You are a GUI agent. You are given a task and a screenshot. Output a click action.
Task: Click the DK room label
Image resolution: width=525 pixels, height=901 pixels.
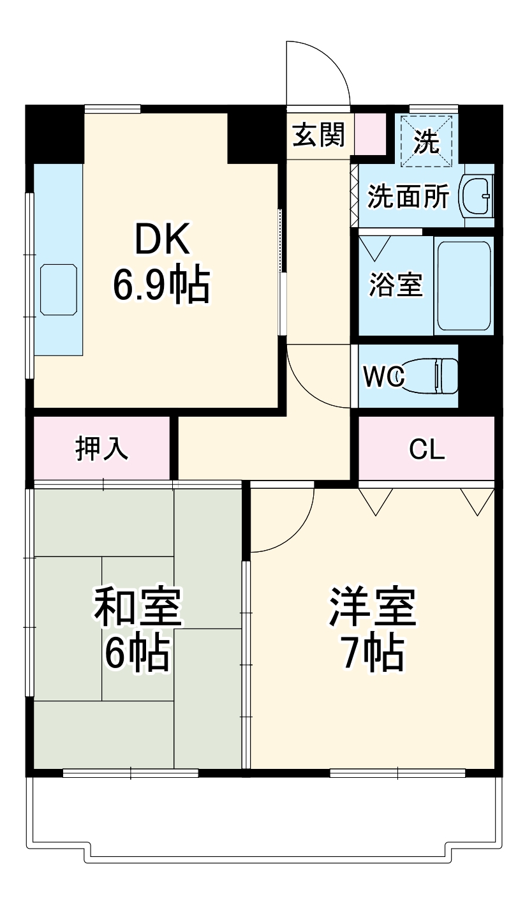click(161, 241)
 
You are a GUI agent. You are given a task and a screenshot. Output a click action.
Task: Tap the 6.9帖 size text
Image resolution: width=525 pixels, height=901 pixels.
click(161, 285)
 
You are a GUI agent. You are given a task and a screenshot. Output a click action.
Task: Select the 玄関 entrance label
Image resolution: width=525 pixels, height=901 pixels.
click(318, 135)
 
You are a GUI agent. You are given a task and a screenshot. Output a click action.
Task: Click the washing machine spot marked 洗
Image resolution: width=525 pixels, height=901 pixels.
click(426, 141)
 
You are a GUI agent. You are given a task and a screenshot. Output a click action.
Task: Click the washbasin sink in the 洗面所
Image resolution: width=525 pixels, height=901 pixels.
click(477, 195)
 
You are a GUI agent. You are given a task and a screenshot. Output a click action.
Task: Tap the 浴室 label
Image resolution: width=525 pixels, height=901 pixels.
click(396, 285)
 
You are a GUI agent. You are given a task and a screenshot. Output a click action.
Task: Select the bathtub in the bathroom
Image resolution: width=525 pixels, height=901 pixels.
click(464, 285)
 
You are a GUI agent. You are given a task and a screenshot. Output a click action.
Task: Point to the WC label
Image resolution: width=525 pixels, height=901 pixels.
click(383, 376)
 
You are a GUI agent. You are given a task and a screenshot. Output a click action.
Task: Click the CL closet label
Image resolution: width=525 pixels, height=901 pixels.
click(426, 450)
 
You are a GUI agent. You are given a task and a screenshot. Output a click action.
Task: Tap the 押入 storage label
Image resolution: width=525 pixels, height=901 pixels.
click(102, 449)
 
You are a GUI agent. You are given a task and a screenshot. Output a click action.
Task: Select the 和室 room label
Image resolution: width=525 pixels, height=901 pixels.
click(138, 607)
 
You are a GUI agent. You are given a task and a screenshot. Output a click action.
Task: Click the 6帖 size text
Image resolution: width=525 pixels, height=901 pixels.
click(137, 653)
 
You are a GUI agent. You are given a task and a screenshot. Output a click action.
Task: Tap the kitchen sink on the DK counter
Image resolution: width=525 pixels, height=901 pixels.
click(59, 290)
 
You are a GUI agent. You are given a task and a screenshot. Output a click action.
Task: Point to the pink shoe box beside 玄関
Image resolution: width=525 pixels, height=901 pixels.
click(369, 133)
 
